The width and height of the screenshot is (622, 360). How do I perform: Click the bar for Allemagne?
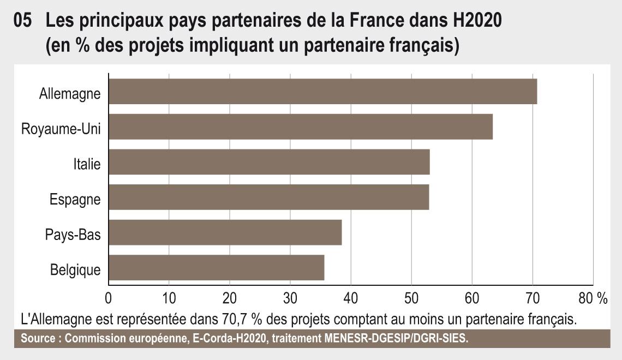point(322,91)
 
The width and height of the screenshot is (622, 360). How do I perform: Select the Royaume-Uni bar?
point(301,127)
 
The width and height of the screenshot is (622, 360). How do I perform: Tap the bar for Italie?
point(269,162)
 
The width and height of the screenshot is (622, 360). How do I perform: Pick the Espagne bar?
point(268,197)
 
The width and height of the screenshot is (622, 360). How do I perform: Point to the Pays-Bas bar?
point(225,232)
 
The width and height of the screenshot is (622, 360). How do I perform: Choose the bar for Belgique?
point(217,268)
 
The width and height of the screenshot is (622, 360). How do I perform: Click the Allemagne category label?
point(70,94)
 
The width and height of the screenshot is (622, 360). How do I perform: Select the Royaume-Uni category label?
point(61,129)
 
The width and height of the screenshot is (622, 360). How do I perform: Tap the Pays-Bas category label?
point(73,235)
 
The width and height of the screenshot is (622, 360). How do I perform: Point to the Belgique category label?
point(75,270)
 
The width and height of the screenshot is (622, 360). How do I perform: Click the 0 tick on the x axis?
point(108,298)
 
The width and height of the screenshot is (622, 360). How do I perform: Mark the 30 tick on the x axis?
point(290,298)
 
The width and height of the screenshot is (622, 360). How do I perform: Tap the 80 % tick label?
point(593,298)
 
